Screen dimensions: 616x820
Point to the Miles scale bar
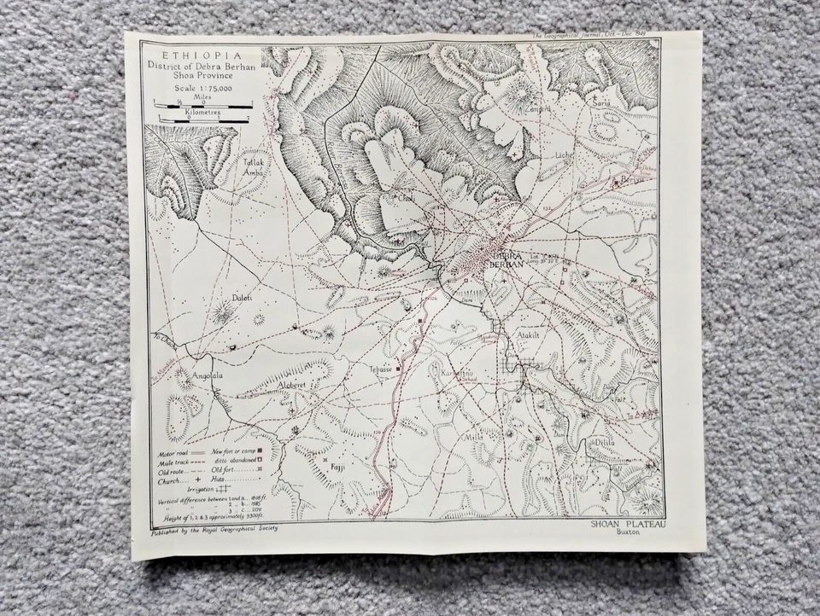(203, 107)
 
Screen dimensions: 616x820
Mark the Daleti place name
(242, 297)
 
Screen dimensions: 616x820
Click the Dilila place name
(628, 442)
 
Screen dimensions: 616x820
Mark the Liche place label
(565, 155)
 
